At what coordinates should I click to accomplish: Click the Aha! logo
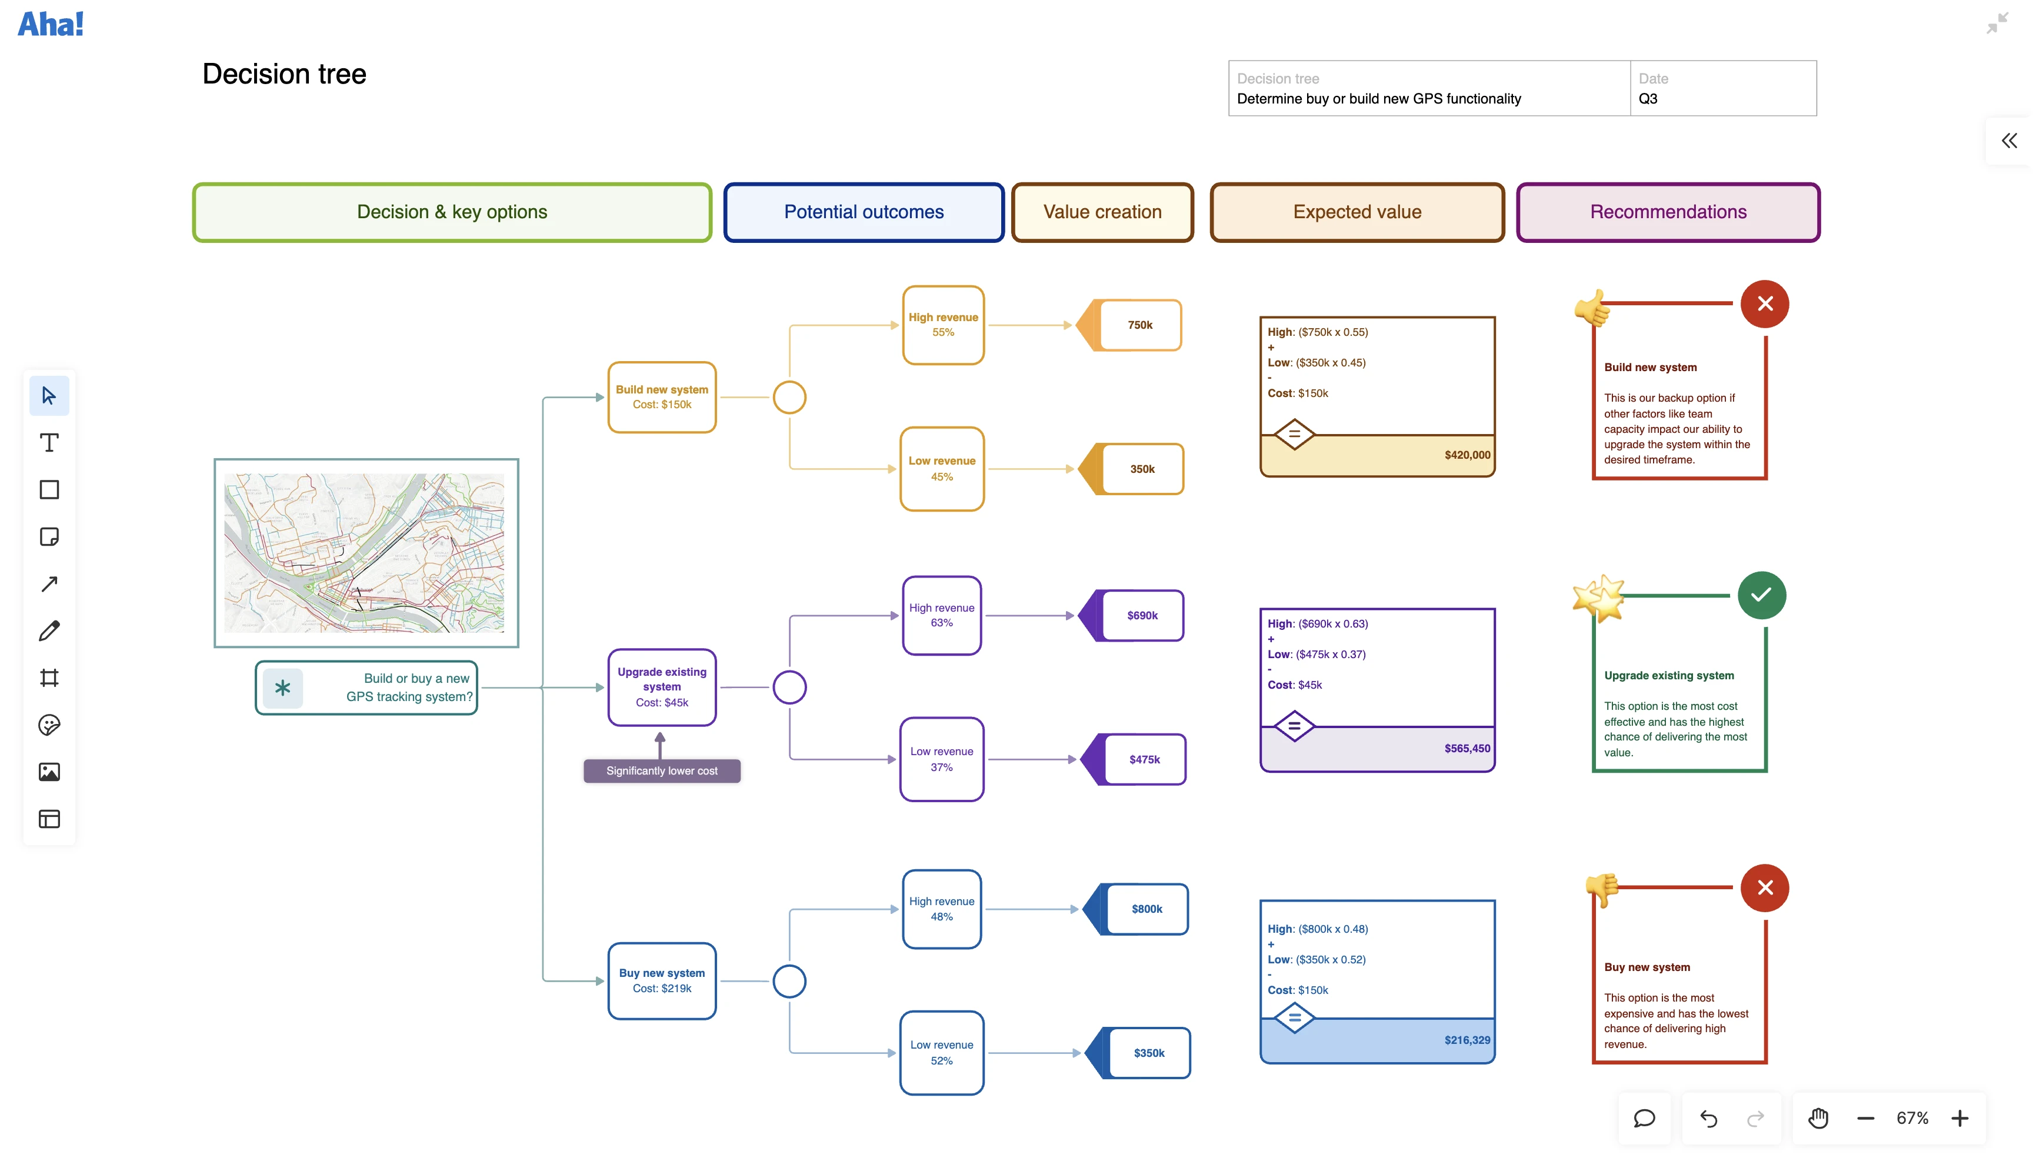click(x=51, y=24)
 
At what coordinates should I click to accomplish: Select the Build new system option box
click(x=661, y=397)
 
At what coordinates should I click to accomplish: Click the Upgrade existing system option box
click(x=661, y=687)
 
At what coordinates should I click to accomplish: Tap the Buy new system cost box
click(x=661, y=980)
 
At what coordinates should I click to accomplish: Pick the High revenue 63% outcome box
click(x=941, y=615)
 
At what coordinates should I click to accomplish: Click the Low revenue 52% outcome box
click(x=941, y=1053)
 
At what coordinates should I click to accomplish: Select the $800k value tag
click(x=1146, y=909)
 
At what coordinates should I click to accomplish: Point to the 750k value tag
click(x=1139, y=325)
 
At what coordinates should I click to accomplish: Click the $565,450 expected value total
click(x=1467, y=749)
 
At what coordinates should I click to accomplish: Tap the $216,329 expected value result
click(x=1467, y=1040)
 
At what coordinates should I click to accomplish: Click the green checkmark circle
click(x=1761, y=595)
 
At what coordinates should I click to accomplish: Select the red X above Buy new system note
click(x=1764, y=888)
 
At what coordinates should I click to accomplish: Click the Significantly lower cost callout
click(x=661, y=771)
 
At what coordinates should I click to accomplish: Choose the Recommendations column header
click(x=1667, y=212)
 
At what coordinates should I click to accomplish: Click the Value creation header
click(x=1102, y=212)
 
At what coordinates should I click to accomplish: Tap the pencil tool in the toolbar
click(x=49, y=631)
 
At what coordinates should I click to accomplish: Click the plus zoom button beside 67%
click(x=1959, y=1118)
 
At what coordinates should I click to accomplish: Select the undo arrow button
click(x=1708, y=1118)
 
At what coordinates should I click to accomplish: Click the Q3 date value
click(x=1647, y=99)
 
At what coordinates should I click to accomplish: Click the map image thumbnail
click(x=366, y=553)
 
